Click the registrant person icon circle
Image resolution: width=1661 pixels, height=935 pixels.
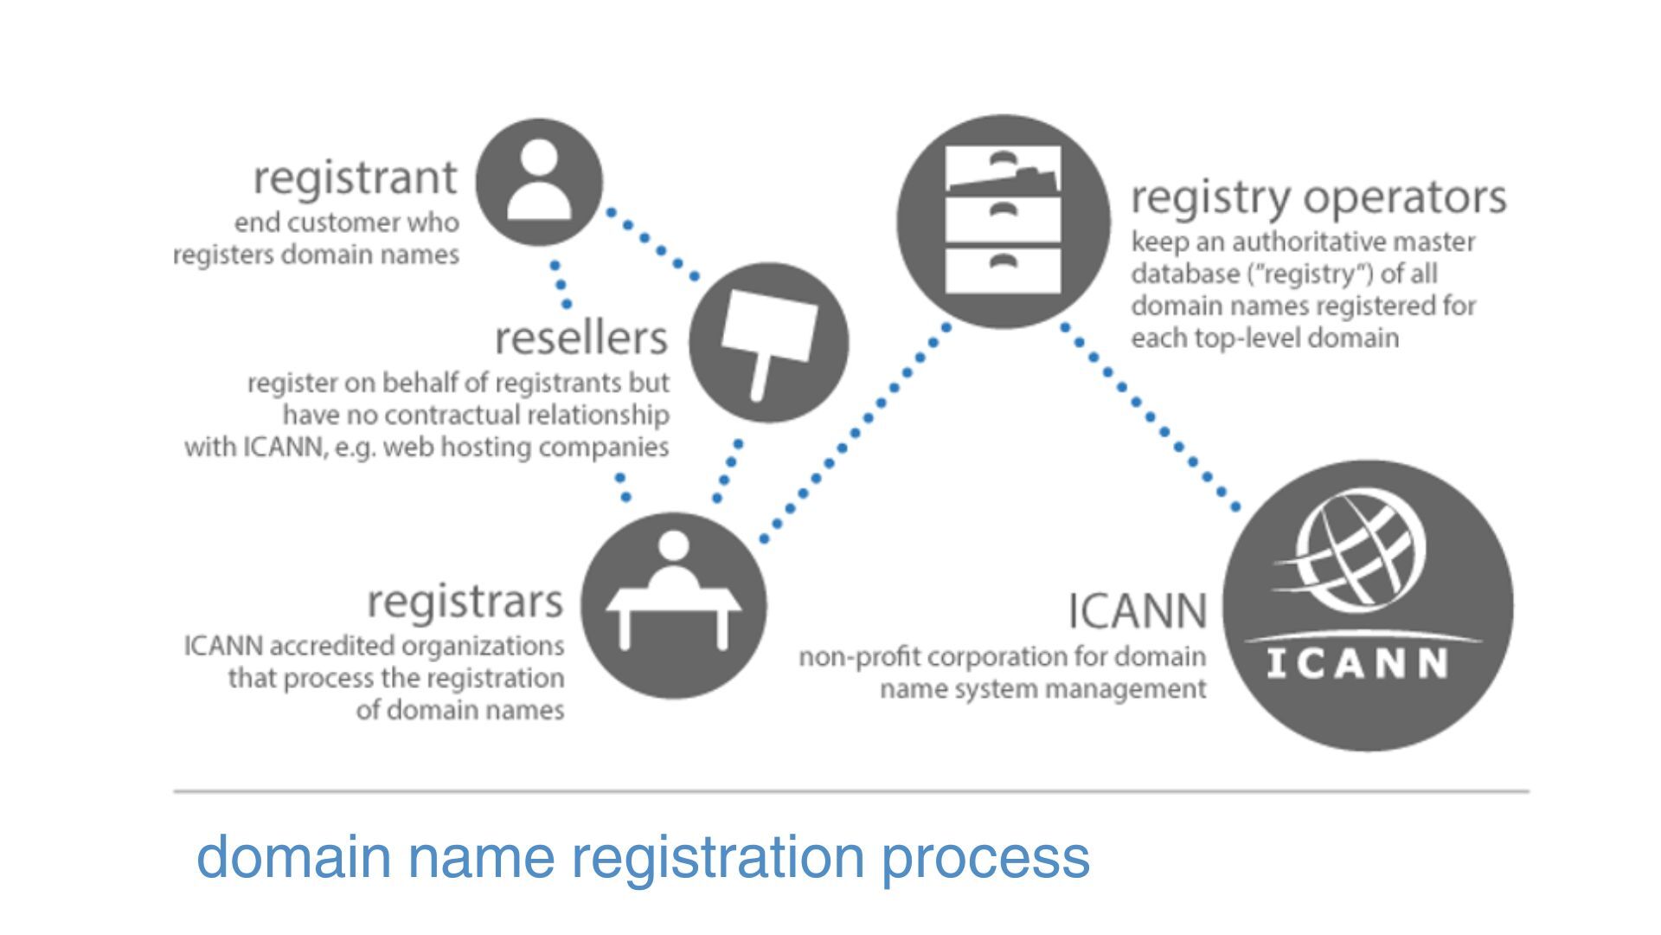[x=539, y=182]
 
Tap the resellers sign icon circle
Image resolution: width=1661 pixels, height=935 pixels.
[x=768, y=343]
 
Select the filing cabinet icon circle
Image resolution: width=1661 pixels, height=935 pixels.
[x=1003, y=222]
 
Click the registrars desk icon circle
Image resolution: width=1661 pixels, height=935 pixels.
[x=673, y=605]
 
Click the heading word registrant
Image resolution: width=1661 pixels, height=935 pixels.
[x=355, y=177]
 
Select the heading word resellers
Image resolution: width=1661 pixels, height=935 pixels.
[x=581, y=338]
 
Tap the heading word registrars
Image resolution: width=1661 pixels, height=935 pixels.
[x=465, y=601]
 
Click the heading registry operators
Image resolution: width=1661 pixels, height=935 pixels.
[x=1318, y=197]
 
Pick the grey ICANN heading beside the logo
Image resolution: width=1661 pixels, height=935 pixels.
[x=1137, y=610]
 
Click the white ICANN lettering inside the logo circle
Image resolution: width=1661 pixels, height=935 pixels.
[x=1356, y=664]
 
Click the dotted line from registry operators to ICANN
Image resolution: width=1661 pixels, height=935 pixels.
[x=1151, y=417]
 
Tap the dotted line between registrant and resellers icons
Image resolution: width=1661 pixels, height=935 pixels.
[x=653, y=243]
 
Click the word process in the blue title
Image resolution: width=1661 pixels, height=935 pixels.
[x=985, y=856]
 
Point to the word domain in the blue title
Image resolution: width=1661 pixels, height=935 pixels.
[x=294, y=856]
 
